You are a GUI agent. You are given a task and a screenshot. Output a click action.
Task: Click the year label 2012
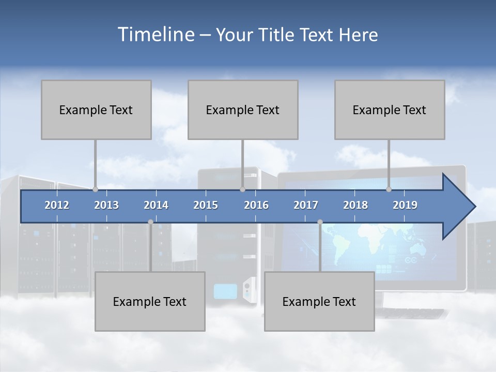pyautogui.click(x=57, y=205)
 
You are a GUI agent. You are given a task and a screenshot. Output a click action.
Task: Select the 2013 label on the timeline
pyautogui.click(x=106, y=205)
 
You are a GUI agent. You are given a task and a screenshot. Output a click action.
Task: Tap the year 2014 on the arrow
pyautogui.click(x=156, y=205)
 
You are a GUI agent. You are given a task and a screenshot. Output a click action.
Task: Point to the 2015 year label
pyautogui.click(x=206, y=205)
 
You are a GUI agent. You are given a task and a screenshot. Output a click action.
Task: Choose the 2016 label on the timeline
pyautogui.click(x=256, y=205)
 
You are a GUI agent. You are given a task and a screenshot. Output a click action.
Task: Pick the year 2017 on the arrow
pyautogui.click(x=306, y=205)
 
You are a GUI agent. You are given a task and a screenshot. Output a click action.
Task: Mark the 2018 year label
pyautogui.click(x=355, y=205)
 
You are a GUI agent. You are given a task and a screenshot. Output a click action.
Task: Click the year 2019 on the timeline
pyautogui.click(x=405, y=205)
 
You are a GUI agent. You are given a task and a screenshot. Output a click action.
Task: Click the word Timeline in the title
pyautogui.click(x=155, y=35)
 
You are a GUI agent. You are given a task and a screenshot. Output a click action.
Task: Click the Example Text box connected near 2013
pyautogui.click(x=96, y=110)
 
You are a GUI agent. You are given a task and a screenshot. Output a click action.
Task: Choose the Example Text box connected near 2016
pyautogui.click(x=243, y=110)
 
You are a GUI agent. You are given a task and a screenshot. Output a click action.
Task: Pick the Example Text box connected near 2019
pyautogui.click(x=390, y=110)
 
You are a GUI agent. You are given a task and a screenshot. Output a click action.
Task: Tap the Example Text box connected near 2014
pyautogui.click(x=150, y=301)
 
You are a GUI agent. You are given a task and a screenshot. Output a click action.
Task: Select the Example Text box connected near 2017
pyautogui.click(x=319, y=301)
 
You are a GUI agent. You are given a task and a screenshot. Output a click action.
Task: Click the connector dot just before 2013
pyautogui.click(x=96, y=189)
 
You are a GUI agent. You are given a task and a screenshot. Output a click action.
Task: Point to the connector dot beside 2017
pyautogui.click(x=320, y=222)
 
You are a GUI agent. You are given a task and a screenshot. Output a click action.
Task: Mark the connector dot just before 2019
pyautogui.click(x=389, y=189)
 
